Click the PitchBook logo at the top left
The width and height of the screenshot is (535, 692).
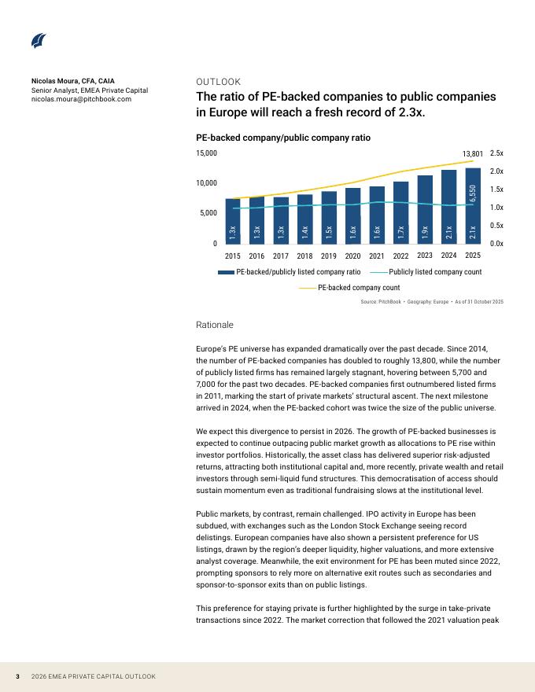click(x=39, y=41)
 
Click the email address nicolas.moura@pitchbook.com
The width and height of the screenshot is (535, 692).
click(x=81, y=100)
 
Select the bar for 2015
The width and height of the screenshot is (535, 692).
click(x=232, y=221)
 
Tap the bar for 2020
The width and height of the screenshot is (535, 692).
click(x=353, y=215)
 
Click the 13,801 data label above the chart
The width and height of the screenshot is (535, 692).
click(x=472, y=154)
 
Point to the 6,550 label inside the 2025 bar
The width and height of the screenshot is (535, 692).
click(x=473, y=194)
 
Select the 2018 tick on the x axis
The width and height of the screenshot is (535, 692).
click(x=304, y=256)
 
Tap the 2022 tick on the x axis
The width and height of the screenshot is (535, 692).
click(x=400, y=256)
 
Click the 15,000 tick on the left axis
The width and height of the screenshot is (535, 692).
click(x=206, y=153)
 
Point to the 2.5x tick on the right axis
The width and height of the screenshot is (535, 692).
click(x=496, y=153)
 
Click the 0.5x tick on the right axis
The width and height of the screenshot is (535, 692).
click(x=496, y=226)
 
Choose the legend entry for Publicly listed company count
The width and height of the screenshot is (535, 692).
click(x=425, y=272)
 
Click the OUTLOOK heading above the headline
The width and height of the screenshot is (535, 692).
click(x=218, y=82)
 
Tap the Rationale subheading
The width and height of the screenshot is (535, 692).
click(x=214, y=325)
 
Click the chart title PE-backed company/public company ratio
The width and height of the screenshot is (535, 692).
click(x=282, y=138)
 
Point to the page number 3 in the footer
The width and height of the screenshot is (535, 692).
click(x=18, y=676)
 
